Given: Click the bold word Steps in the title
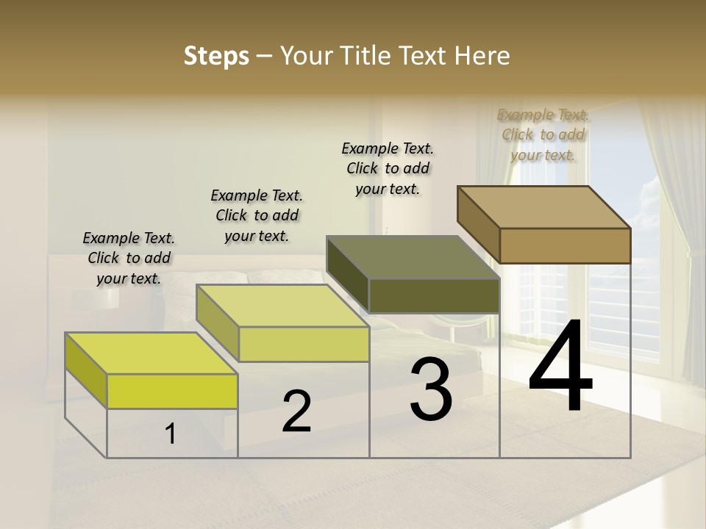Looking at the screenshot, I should click(x=215, y=56).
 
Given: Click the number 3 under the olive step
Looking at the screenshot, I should click(x=431, y=389).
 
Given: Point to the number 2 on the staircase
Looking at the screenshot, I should click(x=296, y=411).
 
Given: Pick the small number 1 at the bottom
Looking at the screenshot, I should click(x=171, y=434).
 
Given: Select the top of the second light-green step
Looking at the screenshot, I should click(x=282, y=306).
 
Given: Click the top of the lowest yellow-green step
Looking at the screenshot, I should click(x=151, y=353).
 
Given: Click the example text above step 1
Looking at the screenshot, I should click(x=129, y=258).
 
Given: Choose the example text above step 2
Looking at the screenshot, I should click(x=257, y=215).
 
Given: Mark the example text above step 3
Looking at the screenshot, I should click(x=388, y=168).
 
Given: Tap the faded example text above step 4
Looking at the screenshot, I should click(x=543, y=134).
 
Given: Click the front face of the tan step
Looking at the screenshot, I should click(x=565, y=245).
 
